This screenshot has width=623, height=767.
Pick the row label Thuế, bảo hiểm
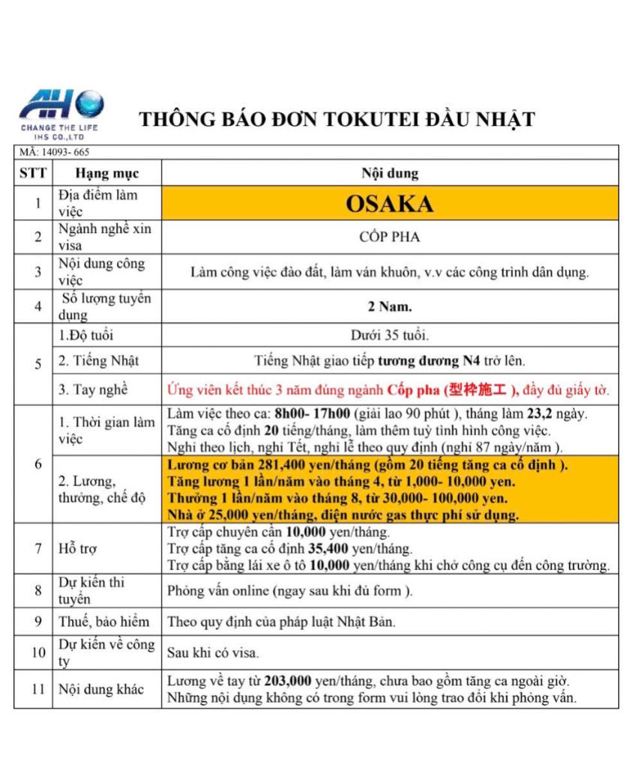point(103,622)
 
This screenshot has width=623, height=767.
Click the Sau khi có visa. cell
point(214,652)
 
